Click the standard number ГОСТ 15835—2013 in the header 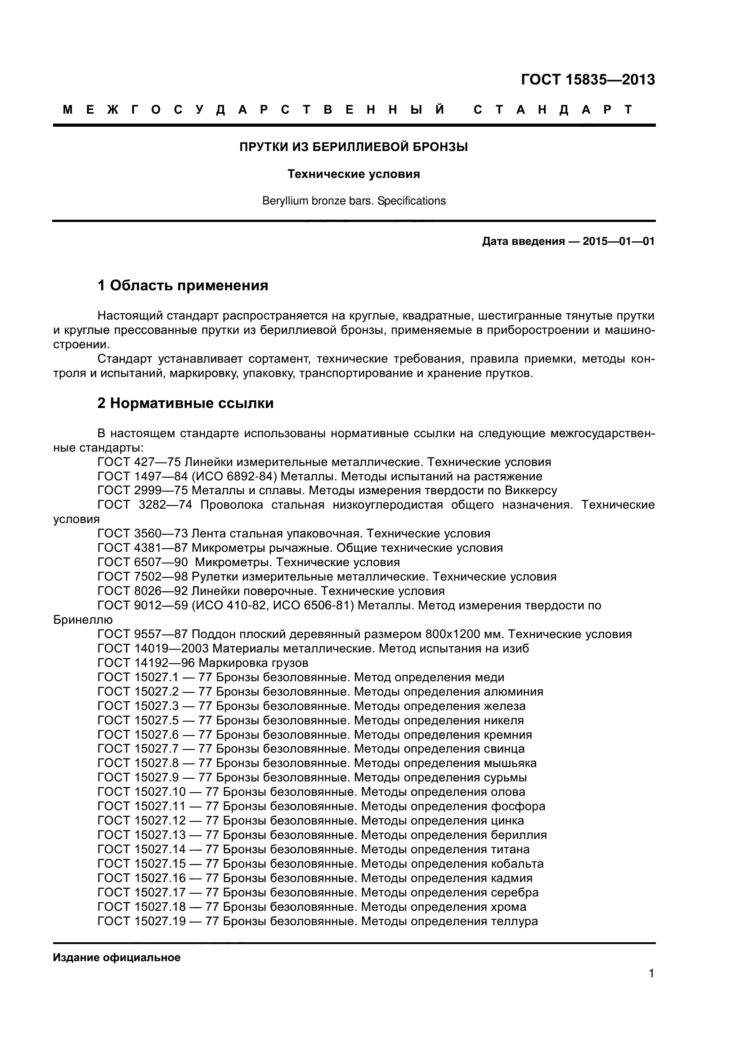tap(588, 80)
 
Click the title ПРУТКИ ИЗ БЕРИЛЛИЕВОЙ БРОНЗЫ tap(354, 147)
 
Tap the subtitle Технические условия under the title tap(354, 174)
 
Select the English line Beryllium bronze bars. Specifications tap(354, 201)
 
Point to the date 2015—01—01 tap(619, 241)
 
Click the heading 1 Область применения tap(183, 286)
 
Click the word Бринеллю tap(83, 620)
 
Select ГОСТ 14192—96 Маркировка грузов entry tap(203, 663)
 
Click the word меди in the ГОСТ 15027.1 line tap(490, 678)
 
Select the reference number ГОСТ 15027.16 tap(142, 878)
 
